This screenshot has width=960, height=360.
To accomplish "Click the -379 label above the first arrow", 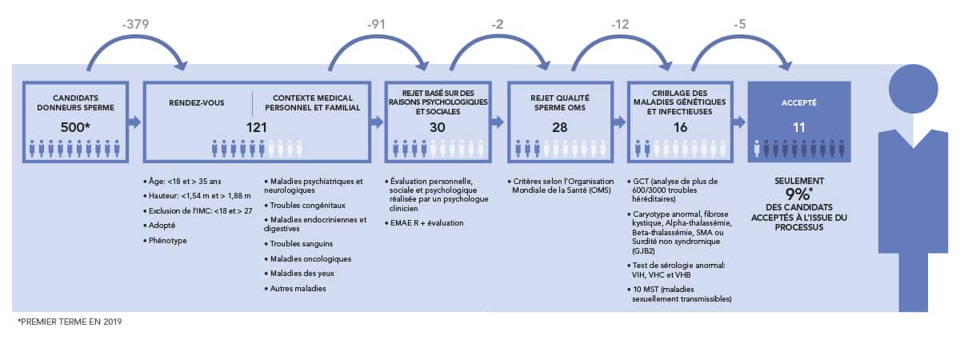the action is [135, 24].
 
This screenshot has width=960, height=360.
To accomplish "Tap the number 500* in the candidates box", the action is [75, 127].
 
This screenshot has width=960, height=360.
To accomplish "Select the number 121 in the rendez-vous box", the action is [256, 127].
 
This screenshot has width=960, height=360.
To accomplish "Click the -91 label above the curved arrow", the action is [376, 24].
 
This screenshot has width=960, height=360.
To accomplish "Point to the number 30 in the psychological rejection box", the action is [437, 127].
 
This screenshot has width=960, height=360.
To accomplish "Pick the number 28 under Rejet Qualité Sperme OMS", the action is [560, 127].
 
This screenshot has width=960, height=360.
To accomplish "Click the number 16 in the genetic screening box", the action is [680, 127].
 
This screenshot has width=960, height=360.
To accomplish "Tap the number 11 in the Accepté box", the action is [799, 127].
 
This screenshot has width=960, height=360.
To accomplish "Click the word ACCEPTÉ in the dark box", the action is [799, 103].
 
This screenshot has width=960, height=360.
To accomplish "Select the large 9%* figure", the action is [799, 194].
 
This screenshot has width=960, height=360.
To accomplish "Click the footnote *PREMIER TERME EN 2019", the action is [70, 322].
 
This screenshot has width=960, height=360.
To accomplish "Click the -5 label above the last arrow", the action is [740, 24].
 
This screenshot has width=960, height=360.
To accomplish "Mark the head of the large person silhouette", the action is [914, 89].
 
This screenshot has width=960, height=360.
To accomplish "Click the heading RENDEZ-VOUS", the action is [196, 103].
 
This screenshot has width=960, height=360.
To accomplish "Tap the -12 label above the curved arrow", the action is [620, 24].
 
